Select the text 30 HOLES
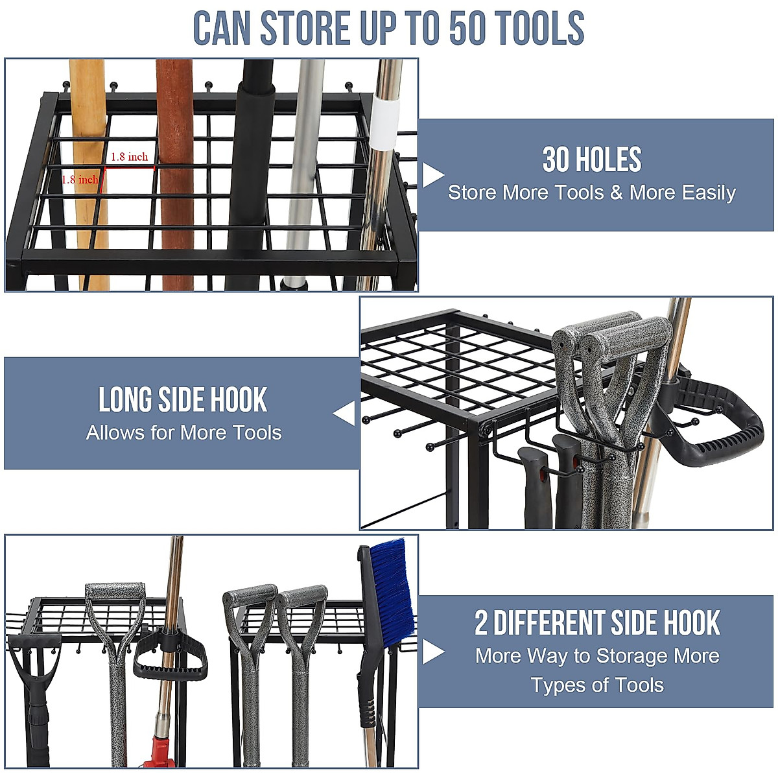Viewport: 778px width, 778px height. point(592,160)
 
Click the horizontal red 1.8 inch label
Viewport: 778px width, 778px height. point(129,157)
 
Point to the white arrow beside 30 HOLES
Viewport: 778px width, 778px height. point(433,175)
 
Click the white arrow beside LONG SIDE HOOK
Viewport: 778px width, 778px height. point(345,414)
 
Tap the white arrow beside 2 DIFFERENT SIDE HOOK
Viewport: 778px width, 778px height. point(433,652)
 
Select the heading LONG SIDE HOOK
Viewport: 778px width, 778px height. point(183,400)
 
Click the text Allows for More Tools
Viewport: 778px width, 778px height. point(184,432)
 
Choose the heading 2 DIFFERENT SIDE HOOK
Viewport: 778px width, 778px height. point(597,623)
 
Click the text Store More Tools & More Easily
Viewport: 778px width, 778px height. point(592,193)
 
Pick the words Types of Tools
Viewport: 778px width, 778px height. point(597,685)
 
